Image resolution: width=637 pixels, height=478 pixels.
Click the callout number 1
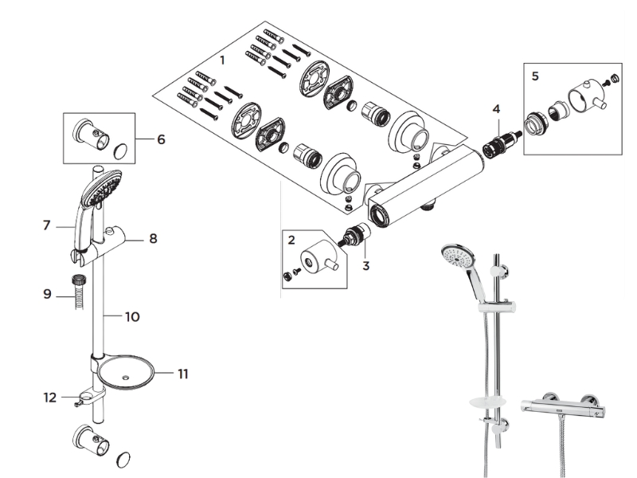tap(222, 61)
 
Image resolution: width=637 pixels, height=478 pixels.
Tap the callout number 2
tap(291, 240)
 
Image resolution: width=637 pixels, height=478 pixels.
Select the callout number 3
tap(365, 266)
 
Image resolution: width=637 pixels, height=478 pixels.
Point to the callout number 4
tap(496, 109)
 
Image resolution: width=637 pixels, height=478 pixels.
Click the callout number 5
tap(535, 76)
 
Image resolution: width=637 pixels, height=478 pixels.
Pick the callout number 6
tap(162, 140)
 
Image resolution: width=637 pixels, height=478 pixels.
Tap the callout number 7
tap(47, 225)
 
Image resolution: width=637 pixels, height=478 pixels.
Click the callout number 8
tap(153, 238)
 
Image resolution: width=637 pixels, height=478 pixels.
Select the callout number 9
tap(48, 294)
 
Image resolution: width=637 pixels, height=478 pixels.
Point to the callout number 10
tap(132, 317)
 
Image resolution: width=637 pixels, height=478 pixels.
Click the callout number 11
tap(183, 374)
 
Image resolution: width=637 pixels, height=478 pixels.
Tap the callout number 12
tap(50, 398)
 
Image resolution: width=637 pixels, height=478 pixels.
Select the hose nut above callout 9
tap(77, 280)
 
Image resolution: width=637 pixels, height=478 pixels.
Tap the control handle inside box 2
tap(319, 257)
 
